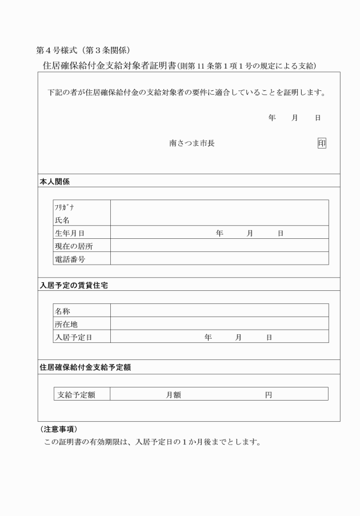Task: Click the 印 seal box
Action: pos(322,143)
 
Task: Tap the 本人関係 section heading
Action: pos(55,181)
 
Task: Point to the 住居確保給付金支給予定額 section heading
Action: pos(85,367)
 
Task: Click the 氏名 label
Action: pos(62,220)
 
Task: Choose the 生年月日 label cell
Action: pos(70,233)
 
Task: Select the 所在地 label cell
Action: pos(66,324)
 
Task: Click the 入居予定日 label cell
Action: pos(74,337)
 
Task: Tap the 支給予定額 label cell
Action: pos(77,394)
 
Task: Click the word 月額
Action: pos(174,394)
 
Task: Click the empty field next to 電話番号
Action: pos(219,259)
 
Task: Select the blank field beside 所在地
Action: pos(219,323)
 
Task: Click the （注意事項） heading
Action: pos(60,429)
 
